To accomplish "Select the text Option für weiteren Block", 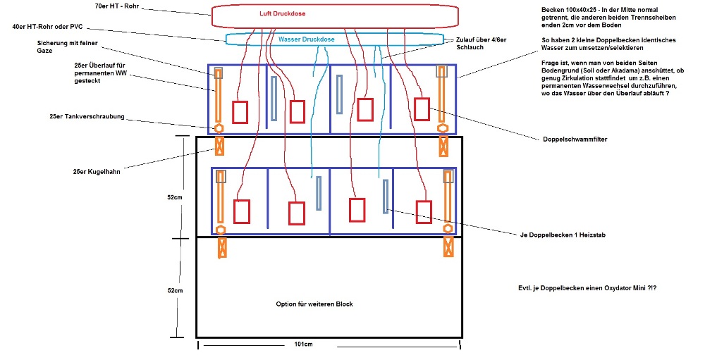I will tap(314, 304).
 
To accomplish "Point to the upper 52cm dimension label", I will tap(174, 198).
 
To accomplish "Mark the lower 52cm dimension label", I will tap(174, 290).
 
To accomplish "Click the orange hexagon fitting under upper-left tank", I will tap(219, 129).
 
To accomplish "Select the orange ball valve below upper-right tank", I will tap(443, 146).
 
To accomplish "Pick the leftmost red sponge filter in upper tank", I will tap(240, 112).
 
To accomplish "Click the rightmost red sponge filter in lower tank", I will tap(424, 211).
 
